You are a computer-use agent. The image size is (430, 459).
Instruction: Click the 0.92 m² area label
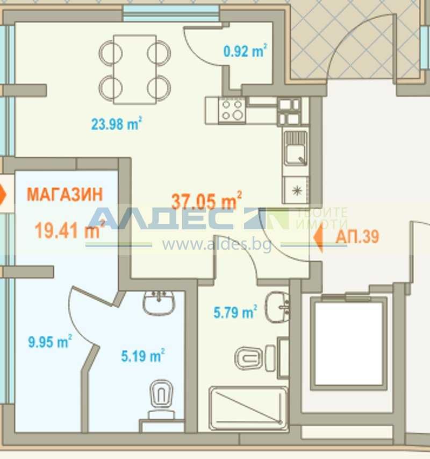[x=245, y=52]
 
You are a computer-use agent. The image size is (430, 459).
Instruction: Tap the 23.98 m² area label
[x=116, y=124]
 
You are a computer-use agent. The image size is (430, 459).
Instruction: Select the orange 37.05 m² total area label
[x=206, y=201]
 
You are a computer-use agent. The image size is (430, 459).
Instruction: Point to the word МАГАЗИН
[x=64, y=195]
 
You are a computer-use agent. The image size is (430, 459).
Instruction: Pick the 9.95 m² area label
[x=50, y=341]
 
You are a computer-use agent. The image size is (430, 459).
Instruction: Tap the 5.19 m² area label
[x=141, y=355]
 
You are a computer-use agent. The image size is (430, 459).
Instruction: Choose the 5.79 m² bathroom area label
[x=235, y=312]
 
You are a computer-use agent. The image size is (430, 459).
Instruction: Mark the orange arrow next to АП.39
[x=318, y=237]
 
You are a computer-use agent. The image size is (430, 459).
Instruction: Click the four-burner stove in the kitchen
[x=233, y=110]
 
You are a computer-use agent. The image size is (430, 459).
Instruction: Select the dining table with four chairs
[x=135, y=69]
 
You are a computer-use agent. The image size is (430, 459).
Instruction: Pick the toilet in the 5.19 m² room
[x=161, y=396]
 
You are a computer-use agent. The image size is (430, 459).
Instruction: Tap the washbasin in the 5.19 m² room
[x=159, y=302]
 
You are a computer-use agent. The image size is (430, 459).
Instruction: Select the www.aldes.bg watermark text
[x=217, y=244]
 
